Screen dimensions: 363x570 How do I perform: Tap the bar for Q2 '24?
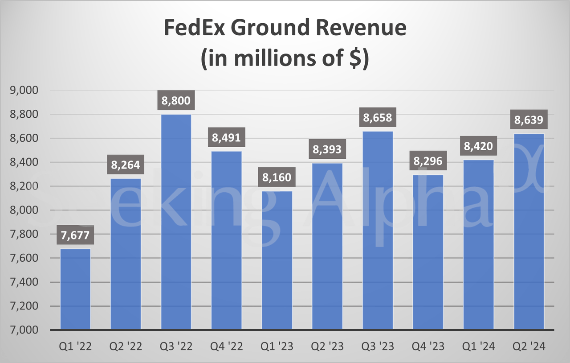pos(529,232)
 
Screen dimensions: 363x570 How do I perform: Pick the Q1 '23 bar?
pos(277,260)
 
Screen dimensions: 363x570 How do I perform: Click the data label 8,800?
pos(176,101)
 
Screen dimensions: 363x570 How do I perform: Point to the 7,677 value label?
pos(75,235)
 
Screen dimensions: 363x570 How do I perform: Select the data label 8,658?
pos(378,118)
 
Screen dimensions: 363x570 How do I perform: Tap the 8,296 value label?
pos(428,161)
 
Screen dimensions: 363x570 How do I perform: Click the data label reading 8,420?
pos(478,146)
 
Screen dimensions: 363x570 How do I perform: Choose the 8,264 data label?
pos(126,165)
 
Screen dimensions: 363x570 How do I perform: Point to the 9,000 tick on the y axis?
pos(26,91)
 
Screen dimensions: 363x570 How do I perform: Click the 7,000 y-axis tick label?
pos(26,330)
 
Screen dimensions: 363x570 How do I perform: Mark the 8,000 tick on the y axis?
pos(26,210)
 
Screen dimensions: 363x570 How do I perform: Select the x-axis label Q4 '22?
pos(226,346)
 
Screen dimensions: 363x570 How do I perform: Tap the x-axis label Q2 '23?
pos(327,346)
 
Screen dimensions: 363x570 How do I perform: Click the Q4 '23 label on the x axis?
pos(428,346)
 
